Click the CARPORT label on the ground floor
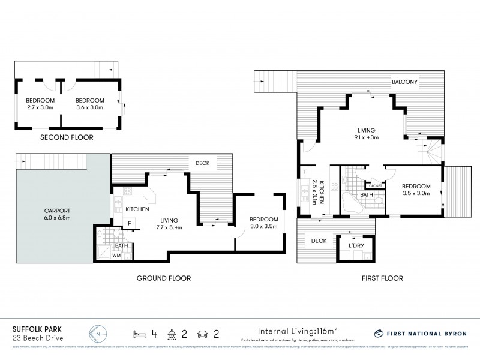(x=57, y=211)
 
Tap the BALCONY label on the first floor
(x=404, y=82)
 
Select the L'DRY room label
(x=349, y=246)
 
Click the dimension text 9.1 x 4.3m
(x=366, y=137)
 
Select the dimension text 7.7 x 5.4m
(x=170, y=227)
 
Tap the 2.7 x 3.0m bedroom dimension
(x=40, y=107)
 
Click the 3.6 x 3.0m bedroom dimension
(x=89, y=107)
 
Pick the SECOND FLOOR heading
(x=66, y=137)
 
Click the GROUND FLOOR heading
(x=163, y=278)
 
